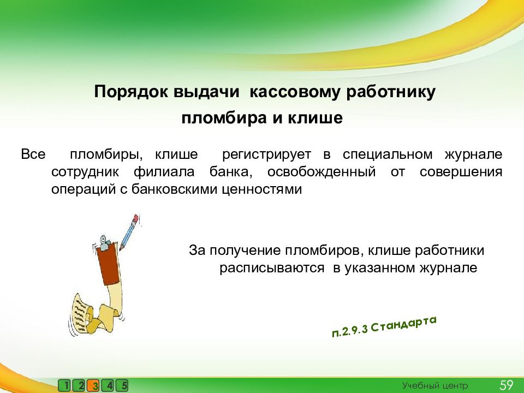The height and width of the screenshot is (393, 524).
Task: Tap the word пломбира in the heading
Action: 224,118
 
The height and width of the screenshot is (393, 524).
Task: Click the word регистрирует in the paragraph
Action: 266,154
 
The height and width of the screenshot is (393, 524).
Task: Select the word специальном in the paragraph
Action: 388,154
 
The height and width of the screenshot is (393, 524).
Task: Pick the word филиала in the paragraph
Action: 164,172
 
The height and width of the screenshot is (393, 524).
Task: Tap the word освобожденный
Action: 321,172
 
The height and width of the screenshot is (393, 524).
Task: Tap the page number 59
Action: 507,385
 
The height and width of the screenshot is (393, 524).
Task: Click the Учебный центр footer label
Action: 435,386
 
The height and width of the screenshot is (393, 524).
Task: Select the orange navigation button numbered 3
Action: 94,386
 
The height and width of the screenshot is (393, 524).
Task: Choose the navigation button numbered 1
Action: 65,386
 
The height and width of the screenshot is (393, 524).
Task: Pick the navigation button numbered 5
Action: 122,386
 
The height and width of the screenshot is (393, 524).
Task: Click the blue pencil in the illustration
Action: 129,232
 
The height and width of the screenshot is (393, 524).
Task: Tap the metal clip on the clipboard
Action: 104,242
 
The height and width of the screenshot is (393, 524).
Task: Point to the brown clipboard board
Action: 109,264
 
